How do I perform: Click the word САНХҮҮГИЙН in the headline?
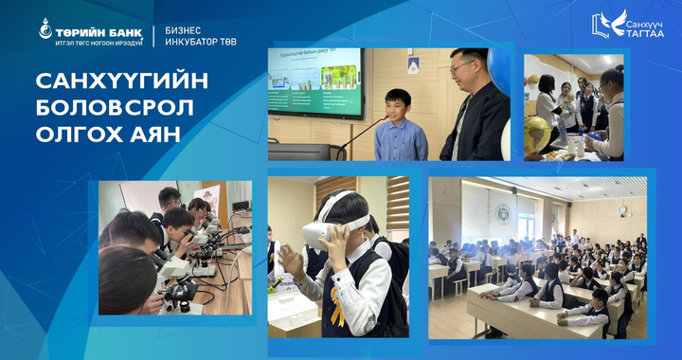[121, 81]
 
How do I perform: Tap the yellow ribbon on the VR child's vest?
[337, 312]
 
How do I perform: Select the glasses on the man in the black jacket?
[461, 68]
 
